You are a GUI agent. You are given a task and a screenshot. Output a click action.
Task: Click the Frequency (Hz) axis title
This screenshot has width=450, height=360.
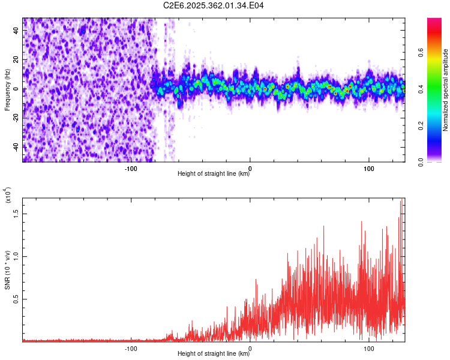point(7,89)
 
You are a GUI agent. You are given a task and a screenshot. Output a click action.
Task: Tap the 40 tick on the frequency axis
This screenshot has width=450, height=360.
point(16,30)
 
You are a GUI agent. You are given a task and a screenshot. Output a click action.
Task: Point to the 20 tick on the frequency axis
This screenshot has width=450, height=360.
point(16,59)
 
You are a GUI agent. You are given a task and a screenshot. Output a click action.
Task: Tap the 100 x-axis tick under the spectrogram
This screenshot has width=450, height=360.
point(369,167)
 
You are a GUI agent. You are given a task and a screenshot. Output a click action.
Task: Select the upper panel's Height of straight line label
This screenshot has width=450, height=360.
point(214,174)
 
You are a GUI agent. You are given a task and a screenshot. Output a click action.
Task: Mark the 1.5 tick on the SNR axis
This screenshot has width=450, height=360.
point(16,212)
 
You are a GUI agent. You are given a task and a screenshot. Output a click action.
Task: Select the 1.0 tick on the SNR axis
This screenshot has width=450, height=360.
point(16,256)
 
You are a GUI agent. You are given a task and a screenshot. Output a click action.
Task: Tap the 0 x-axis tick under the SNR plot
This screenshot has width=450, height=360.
point(250,347)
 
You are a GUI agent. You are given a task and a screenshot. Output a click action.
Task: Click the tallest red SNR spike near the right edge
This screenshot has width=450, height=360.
point(401,202)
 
